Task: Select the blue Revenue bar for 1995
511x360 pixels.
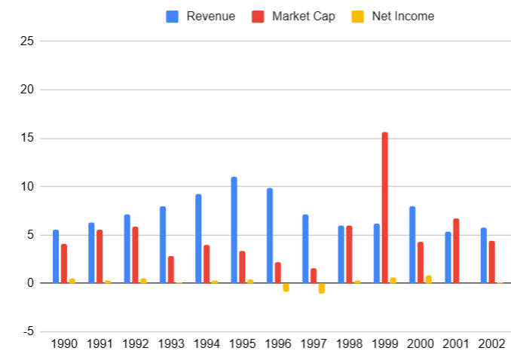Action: pyautogui.click(x=234, y=230)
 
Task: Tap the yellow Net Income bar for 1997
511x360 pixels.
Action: pyautogui.click(x=322, y=288)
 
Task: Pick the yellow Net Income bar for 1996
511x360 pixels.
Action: pyautogui.click(x=286, y=287)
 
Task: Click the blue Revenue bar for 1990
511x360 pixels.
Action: pyautogui.click(x=56, y=256)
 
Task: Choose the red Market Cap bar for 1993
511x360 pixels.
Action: pyautogui.click(x=171, y=270)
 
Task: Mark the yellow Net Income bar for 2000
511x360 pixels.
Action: pyautogui.click(x=429, y=279)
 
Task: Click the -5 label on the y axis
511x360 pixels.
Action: pyautogui.click(x=27, y=331)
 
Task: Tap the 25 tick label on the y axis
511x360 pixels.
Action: pyautogui.click(x=27, y=41)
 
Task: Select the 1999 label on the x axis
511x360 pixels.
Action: pyautogui.click(x=386, y=344)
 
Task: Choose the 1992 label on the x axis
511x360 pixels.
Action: pyautogui.click(x=136, y=344)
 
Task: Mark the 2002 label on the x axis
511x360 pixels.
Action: pyautogui.click(x=493, y=344)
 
